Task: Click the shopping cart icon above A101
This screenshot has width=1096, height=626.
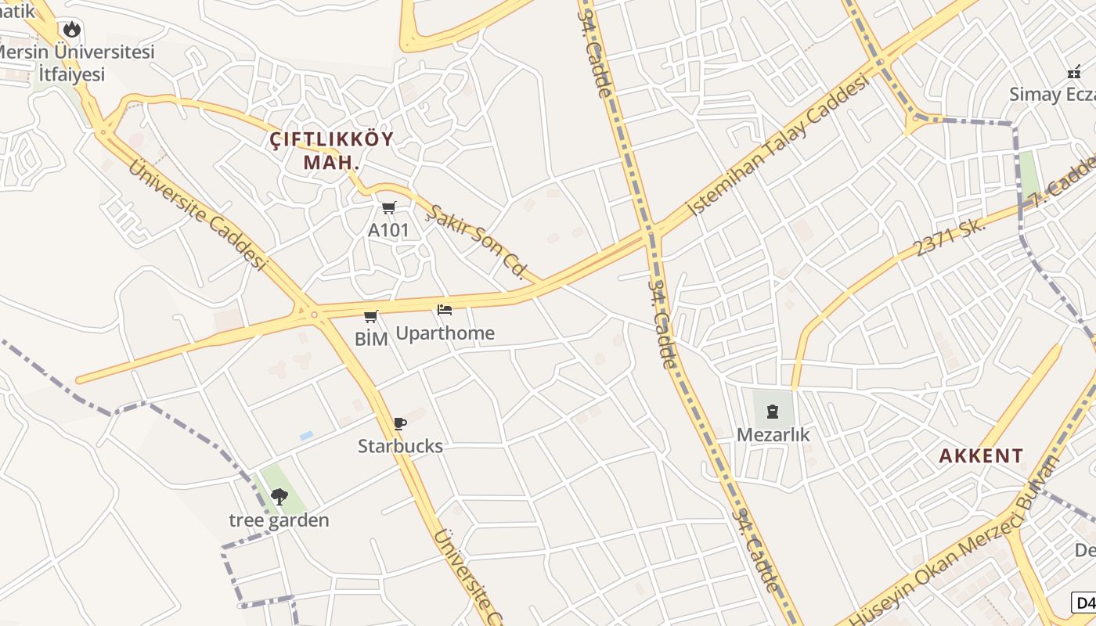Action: (388, 207)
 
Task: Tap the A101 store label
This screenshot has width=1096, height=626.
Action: (388, 231)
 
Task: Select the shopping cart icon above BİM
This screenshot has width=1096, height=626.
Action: (371, 316)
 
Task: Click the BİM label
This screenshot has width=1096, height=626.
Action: (371, 339)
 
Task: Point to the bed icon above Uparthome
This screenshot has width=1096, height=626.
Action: (445, 310)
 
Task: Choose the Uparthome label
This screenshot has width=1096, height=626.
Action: (445, 333)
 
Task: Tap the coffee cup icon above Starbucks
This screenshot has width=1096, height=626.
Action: (400, 423)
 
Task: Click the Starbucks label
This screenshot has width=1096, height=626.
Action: (400, 446)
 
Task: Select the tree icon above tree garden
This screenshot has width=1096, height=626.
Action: (279, 496)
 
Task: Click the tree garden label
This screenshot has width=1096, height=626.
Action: (279, 520)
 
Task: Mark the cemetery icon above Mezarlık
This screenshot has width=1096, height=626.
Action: (773, 411)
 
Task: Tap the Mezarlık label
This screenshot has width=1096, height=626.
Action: (773, 434)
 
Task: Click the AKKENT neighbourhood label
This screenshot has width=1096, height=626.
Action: (981, 455)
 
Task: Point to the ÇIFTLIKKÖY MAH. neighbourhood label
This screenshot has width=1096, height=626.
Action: (332, 151)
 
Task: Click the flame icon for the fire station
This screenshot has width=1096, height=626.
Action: (72, 30)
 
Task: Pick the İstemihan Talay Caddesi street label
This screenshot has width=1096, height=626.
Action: (778, 146)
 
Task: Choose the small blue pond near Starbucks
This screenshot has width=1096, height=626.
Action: (306, 435)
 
